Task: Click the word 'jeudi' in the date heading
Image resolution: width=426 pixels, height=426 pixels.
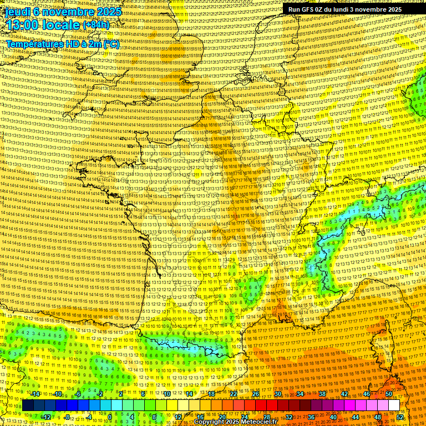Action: pos(16,11)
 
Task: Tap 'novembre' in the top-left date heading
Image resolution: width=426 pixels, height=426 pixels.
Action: pos(69,11)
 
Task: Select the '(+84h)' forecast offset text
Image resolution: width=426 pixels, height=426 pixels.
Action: pos(97,25)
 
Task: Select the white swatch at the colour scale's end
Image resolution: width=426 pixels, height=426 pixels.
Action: pos(394,405)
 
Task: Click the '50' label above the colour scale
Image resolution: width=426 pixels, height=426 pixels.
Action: pos(389,394)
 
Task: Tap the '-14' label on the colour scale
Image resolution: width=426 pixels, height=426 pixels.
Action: pos(35,394)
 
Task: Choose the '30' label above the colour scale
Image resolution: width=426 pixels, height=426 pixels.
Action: pos(278,394)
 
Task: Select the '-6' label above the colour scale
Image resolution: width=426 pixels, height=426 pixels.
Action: pos(78,394)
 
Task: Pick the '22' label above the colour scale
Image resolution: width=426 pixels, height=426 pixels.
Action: pos(234,394)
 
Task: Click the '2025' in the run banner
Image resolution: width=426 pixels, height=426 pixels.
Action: pos(394,9)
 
